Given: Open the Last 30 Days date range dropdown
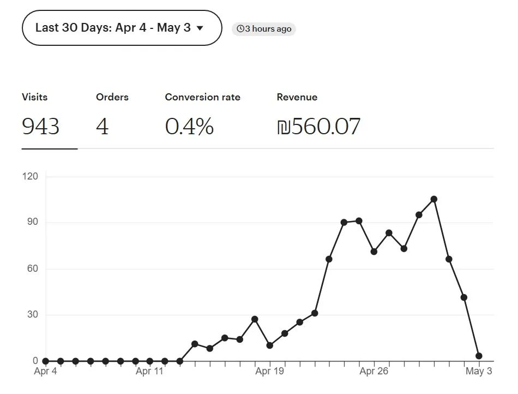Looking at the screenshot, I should tap(122, 28).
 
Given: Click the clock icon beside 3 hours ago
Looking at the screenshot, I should tap(240, 29).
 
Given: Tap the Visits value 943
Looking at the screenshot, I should tap(41, 127).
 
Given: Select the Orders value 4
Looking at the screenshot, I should tap(103, 127).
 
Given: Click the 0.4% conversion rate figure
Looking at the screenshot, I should tap(189, 127).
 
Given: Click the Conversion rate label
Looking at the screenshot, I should tap(202, 97).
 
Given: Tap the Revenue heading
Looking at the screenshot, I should tap(297, 97).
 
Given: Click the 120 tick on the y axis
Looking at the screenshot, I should tap(30, 176).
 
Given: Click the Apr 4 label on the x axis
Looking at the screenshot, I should tap(45, 372).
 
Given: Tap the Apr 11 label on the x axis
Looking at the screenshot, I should tap(150, 372).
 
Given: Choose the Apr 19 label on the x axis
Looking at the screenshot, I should tap(270, 372).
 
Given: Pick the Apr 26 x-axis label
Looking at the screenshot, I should tap(374, 372).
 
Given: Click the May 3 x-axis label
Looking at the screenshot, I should tap(479, 372).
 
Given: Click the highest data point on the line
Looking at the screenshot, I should tap(434, 199).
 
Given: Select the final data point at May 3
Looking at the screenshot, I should tap(479, 356).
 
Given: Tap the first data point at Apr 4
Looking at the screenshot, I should tap(46, 361).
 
